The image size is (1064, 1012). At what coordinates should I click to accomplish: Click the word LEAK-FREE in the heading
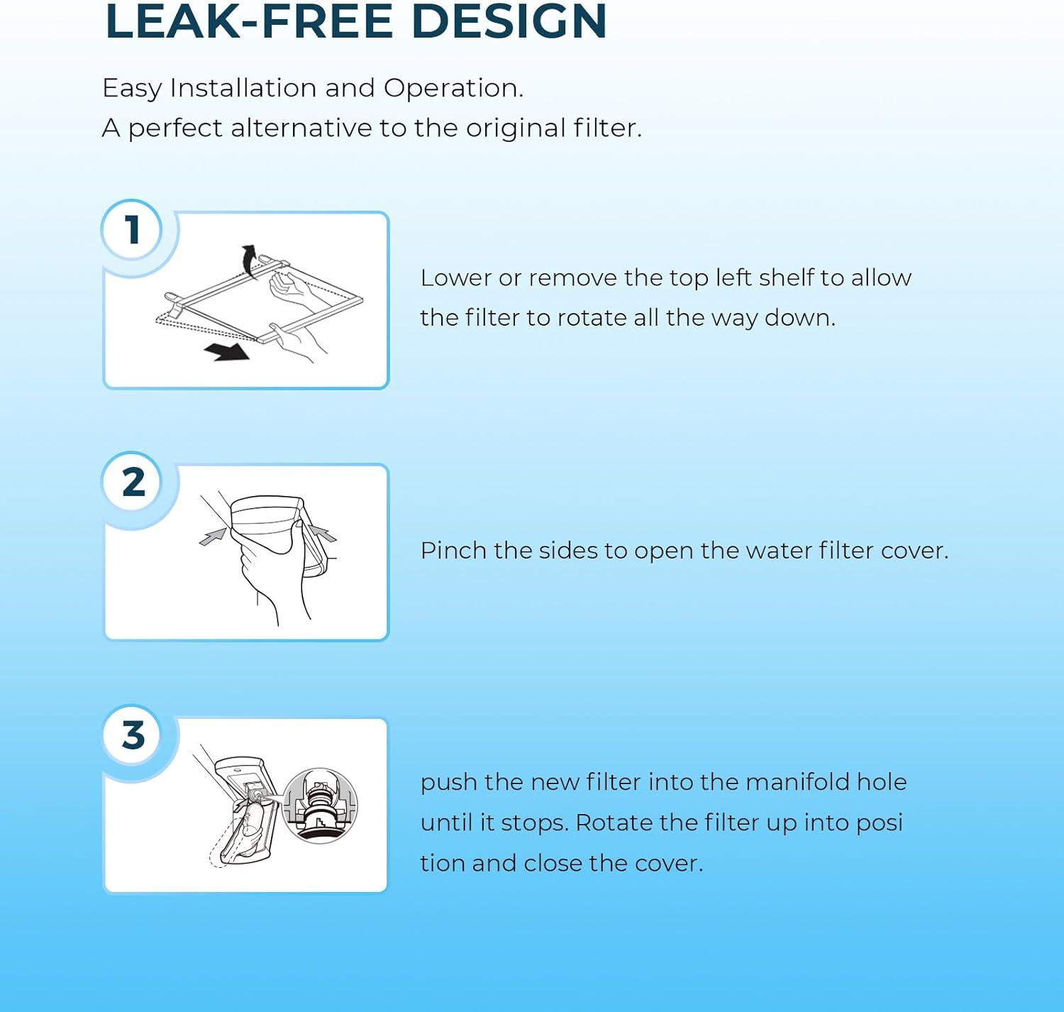248,21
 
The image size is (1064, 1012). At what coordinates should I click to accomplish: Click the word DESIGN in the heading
509,21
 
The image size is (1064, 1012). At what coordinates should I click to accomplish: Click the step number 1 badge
131,229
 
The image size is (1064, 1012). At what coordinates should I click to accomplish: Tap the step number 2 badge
133,481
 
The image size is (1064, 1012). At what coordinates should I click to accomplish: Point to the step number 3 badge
133,735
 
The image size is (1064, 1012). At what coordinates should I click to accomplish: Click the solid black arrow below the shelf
227,351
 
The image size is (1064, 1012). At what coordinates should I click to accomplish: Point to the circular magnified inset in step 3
320,805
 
